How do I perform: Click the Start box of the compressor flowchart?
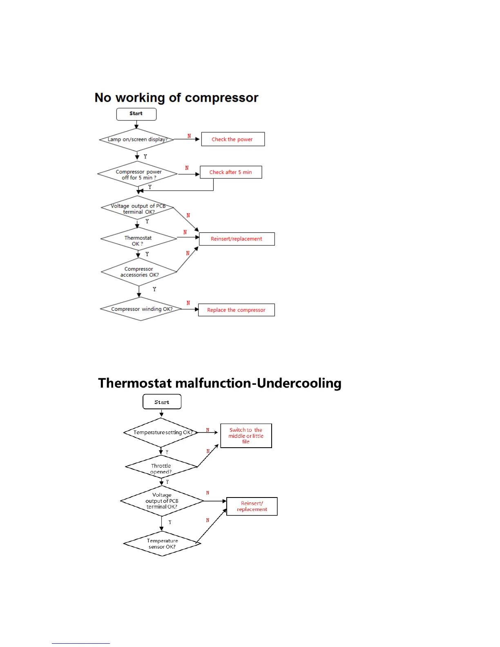[x=136, y=114]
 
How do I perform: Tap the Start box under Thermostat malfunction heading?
[x=162, y=402]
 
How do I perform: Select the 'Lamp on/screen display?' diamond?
[x=137, y=140]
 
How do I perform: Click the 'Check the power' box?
[x=232, y=139]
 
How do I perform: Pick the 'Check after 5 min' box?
[x=231, y=172]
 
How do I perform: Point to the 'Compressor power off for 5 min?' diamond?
[x=138, y=174]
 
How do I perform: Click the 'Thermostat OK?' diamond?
[x=138, y=240]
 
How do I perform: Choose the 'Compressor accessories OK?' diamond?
[x=139, y=272]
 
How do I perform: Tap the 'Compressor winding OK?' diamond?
[x=141, y=309]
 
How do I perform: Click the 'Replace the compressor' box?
[x=236, y=310]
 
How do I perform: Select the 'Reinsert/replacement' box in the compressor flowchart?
[x=237, y=239]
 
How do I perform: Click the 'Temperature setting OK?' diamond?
[x=161, y=433]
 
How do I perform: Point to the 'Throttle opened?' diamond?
[x=161, y=468]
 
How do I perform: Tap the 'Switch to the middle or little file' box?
[x=246, y=436]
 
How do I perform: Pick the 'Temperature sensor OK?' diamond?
[x=162, y=544]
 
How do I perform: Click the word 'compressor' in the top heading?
[x=221, y=98]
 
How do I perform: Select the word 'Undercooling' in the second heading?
[x=299, y=383]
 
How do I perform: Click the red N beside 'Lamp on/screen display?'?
[x=189, y=136]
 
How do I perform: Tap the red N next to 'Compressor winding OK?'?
[x=188, y=303]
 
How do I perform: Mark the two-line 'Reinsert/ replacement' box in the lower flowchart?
[x=252, y=506]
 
